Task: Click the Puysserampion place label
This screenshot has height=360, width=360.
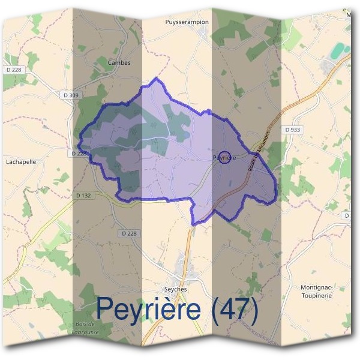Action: (x=187, y=22)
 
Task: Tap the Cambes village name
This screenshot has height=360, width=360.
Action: (x=118, y=62)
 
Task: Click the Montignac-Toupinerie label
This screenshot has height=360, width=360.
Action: (x=316, y=292)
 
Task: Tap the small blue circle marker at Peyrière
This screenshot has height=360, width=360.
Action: (x=224, y=157)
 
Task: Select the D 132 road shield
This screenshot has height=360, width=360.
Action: (x=82, y=196)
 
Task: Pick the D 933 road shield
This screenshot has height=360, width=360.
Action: (x=292, y=130)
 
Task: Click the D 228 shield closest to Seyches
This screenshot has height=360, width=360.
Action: (x=128, y=233)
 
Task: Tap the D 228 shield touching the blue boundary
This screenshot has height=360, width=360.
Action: (x=79, y=154)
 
